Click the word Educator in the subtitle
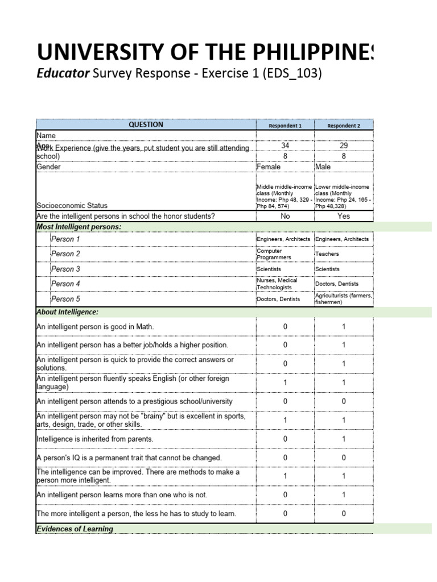pyautogui.click(x=63, y=74)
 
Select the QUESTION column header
pyautogui.click(x=146, y=124)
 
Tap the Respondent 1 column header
pyautogui.click(x=285, y=125)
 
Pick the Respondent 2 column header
pyautogui.click(x=344, y=125)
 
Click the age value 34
pyautogui.click(x=285, y=145)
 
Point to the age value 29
pyautogui.click(x=344, y=145)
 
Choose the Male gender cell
pyautogui.click(x=324, y=167)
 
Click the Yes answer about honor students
pyautogui.click(x=344, y=216)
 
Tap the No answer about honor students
pyautogui.click(x=285, y=216)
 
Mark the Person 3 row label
pyautogui.click(x=65, y=269)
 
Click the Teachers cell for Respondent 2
pyautogui.click(x=327, y=254)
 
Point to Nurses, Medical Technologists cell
pyautogui.click(x=277, y=284)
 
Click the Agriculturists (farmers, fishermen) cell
pyautogui.click(x=344, y=299)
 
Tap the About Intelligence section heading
pyautogui.click(x=67, y=312)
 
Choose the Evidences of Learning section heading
pyautogui.click(x=75, y=529)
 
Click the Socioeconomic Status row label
pyautogui.click(x=72, y=205)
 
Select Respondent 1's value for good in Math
pyautogui.click(x=285, y=327)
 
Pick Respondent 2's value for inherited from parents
pyautogui.click(x=344, y=439)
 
